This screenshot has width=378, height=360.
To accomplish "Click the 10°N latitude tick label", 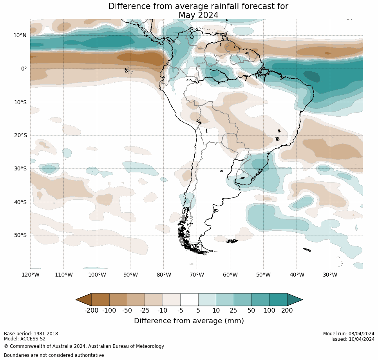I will point(20,35).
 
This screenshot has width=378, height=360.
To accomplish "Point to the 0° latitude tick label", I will point(24,69).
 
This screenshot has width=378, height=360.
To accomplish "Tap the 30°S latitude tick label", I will point(20,168).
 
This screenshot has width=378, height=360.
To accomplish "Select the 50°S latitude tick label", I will point(20,235).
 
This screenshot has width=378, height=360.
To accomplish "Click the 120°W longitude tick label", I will point(30,275).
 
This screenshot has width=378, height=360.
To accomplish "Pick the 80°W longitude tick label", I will point(163,275).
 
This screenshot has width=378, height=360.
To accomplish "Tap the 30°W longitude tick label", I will point(330,275).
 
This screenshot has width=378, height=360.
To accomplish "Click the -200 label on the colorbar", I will point(91,311).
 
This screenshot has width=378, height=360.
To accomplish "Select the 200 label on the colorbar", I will point(287,311).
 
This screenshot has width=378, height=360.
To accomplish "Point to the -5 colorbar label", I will point(180,311).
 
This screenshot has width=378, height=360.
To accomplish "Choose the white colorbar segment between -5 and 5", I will point(189,300).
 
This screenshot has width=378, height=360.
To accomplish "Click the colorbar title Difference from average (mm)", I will point(189,321).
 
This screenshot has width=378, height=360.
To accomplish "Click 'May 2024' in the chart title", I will point(198,15).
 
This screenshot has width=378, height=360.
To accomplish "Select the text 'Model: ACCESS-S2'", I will point(25,339).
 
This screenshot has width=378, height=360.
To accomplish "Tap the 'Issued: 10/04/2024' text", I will point(353,339).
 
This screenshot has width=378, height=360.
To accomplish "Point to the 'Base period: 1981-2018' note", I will point(31,334).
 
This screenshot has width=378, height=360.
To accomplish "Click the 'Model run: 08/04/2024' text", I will point(349,334).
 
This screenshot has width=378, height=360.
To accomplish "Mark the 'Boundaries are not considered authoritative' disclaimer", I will point(54,355).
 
